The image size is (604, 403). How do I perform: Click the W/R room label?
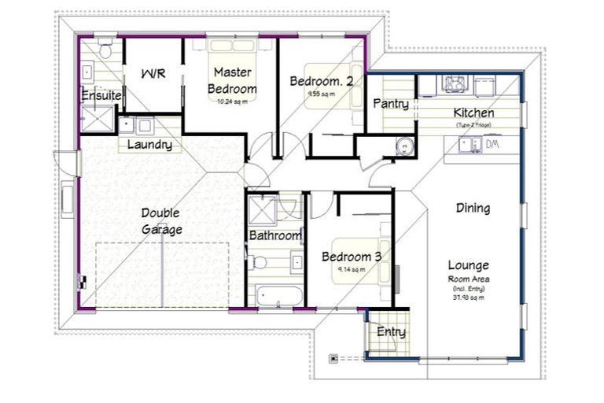click(x=153, y=74)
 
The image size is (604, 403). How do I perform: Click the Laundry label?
click(x=149, y=145)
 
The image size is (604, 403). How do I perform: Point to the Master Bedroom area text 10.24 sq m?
click(x=232, y=102)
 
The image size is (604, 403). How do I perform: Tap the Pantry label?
click(x=391, y=104)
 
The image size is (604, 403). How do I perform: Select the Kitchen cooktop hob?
click(x=455, y=83)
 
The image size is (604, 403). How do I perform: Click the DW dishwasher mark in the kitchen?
click(x=492, y=144)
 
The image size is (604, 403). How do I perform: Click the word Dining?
click(x=473, y=209)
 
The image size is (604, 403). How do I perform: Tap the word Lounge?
click(x=468, y=265)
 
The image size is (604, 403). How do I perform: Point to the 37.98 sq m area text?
click(x=469, y=297)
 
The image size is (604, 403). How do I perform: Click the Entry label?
click(x=391, y=332)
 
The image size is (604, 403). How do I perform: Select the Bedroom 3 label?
click(x=352, y=257)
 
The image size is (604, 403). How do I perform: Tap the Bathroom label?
click(x=275, y=235)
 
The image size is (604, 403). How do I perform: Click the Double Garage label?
click(x=161, y=221)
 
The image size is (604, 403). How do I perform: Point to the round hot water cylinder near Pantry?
click(x=403, y=146)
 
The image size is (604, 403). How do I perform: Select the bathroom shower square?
click(x=261, y=210)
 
